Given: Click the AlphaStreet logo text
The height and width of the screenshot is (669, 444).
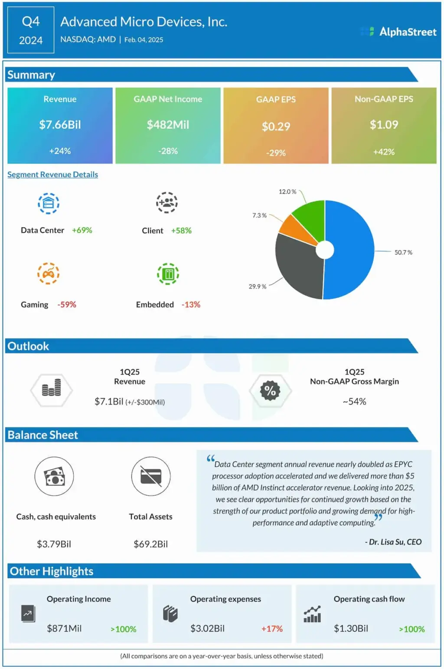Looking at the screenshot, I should pos(408,32).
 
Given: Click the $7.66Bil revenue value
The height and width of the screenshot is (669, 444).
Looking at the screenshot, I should pos(60,125).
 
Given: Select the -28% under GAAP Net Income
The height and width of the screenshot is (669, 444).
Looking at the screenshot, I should pos(168,151).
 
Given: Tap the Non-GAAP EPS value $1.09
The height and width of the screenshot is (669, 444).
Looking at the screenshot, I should pos(384,125).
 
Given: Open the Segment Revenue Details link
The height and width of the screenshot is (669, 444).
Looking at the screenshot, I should pos(52,175).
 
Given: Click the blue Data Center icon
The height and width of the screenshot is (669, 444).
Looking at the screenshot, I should pos(49,203).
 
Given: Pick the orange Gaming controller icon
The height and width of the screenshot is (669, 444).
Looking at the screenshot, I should pos(49,274).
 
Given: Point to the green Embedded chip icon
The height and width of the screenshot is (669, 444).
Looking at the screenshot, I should pos(168,274).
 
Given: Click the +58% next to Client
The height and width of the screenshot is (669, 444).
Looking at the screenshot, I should pos(181,231).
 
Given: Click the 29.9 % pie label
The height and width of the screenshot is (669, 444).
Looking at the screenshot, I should pos(257,287).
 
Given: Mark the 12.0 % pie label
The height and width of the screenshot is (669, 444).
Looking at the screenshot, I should pos(287,191).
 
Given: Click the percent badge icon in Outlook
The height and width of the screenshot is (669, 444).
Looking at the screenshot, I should pos(270,390).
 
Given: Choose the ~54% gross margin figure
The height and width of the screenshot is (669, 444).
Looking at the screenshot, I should pos(354,402).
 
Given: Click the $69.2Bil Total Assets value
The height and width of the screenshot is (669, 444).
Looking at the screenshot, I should pos(150,544).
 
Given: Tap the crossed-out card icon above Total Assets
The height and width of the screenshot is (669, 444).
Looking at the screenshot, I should pos(151,476).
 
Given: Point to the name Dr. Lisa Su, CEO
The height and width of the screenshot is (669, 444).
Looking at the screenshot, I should pos(395,542).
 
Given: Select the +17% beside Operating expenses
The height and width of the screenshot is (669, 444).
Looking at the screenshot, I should pos(272,629).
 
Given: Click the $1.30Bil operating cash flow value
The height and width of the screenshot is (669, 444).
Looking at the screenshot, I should pos(351,628).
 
